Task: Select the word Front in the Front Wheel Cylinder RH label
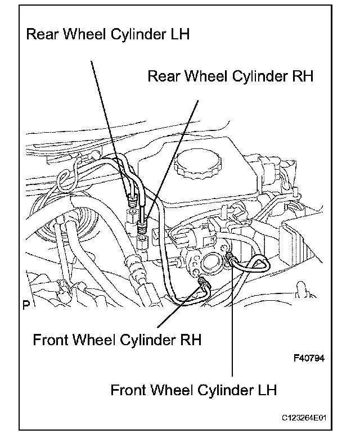49,341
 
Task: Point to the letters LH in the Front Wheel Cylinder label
266,390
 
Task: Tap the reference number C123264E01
305,419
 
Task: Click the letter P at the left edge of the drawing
26,305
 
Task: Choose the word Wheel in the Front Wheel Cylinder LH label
167,390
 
